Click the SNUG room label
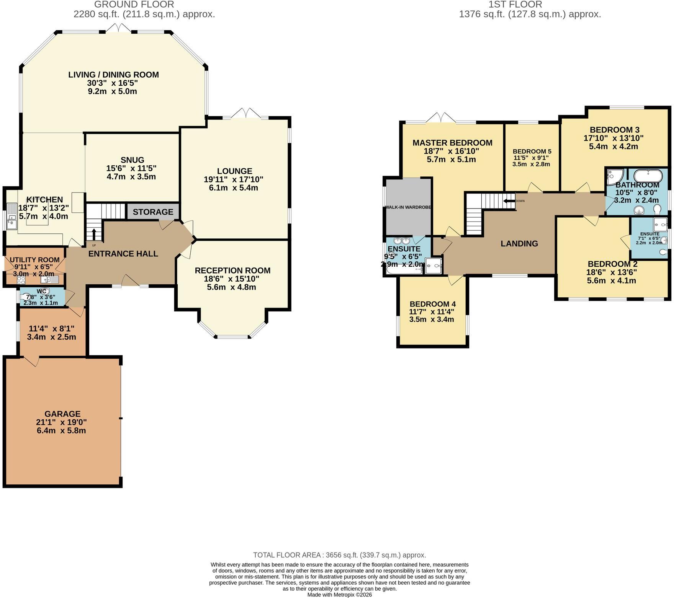point(132,160)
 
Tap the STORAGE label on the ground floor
point(153,212)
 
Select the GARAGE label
point(62,414)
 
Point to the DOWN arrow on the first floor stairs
point(509,201)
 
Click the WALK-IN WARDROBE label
point(408,207)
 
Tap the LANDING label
point(519,243)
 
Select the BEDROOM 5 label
point(532,152)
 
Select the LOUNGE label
point(234,171)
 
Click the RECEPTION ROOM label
point(232,270)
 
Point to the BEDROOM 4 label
point(432,304)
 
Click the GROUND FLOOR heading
point(134,5)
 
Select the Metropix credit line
point(340,595)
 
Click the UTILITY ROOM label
point(34,260)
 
